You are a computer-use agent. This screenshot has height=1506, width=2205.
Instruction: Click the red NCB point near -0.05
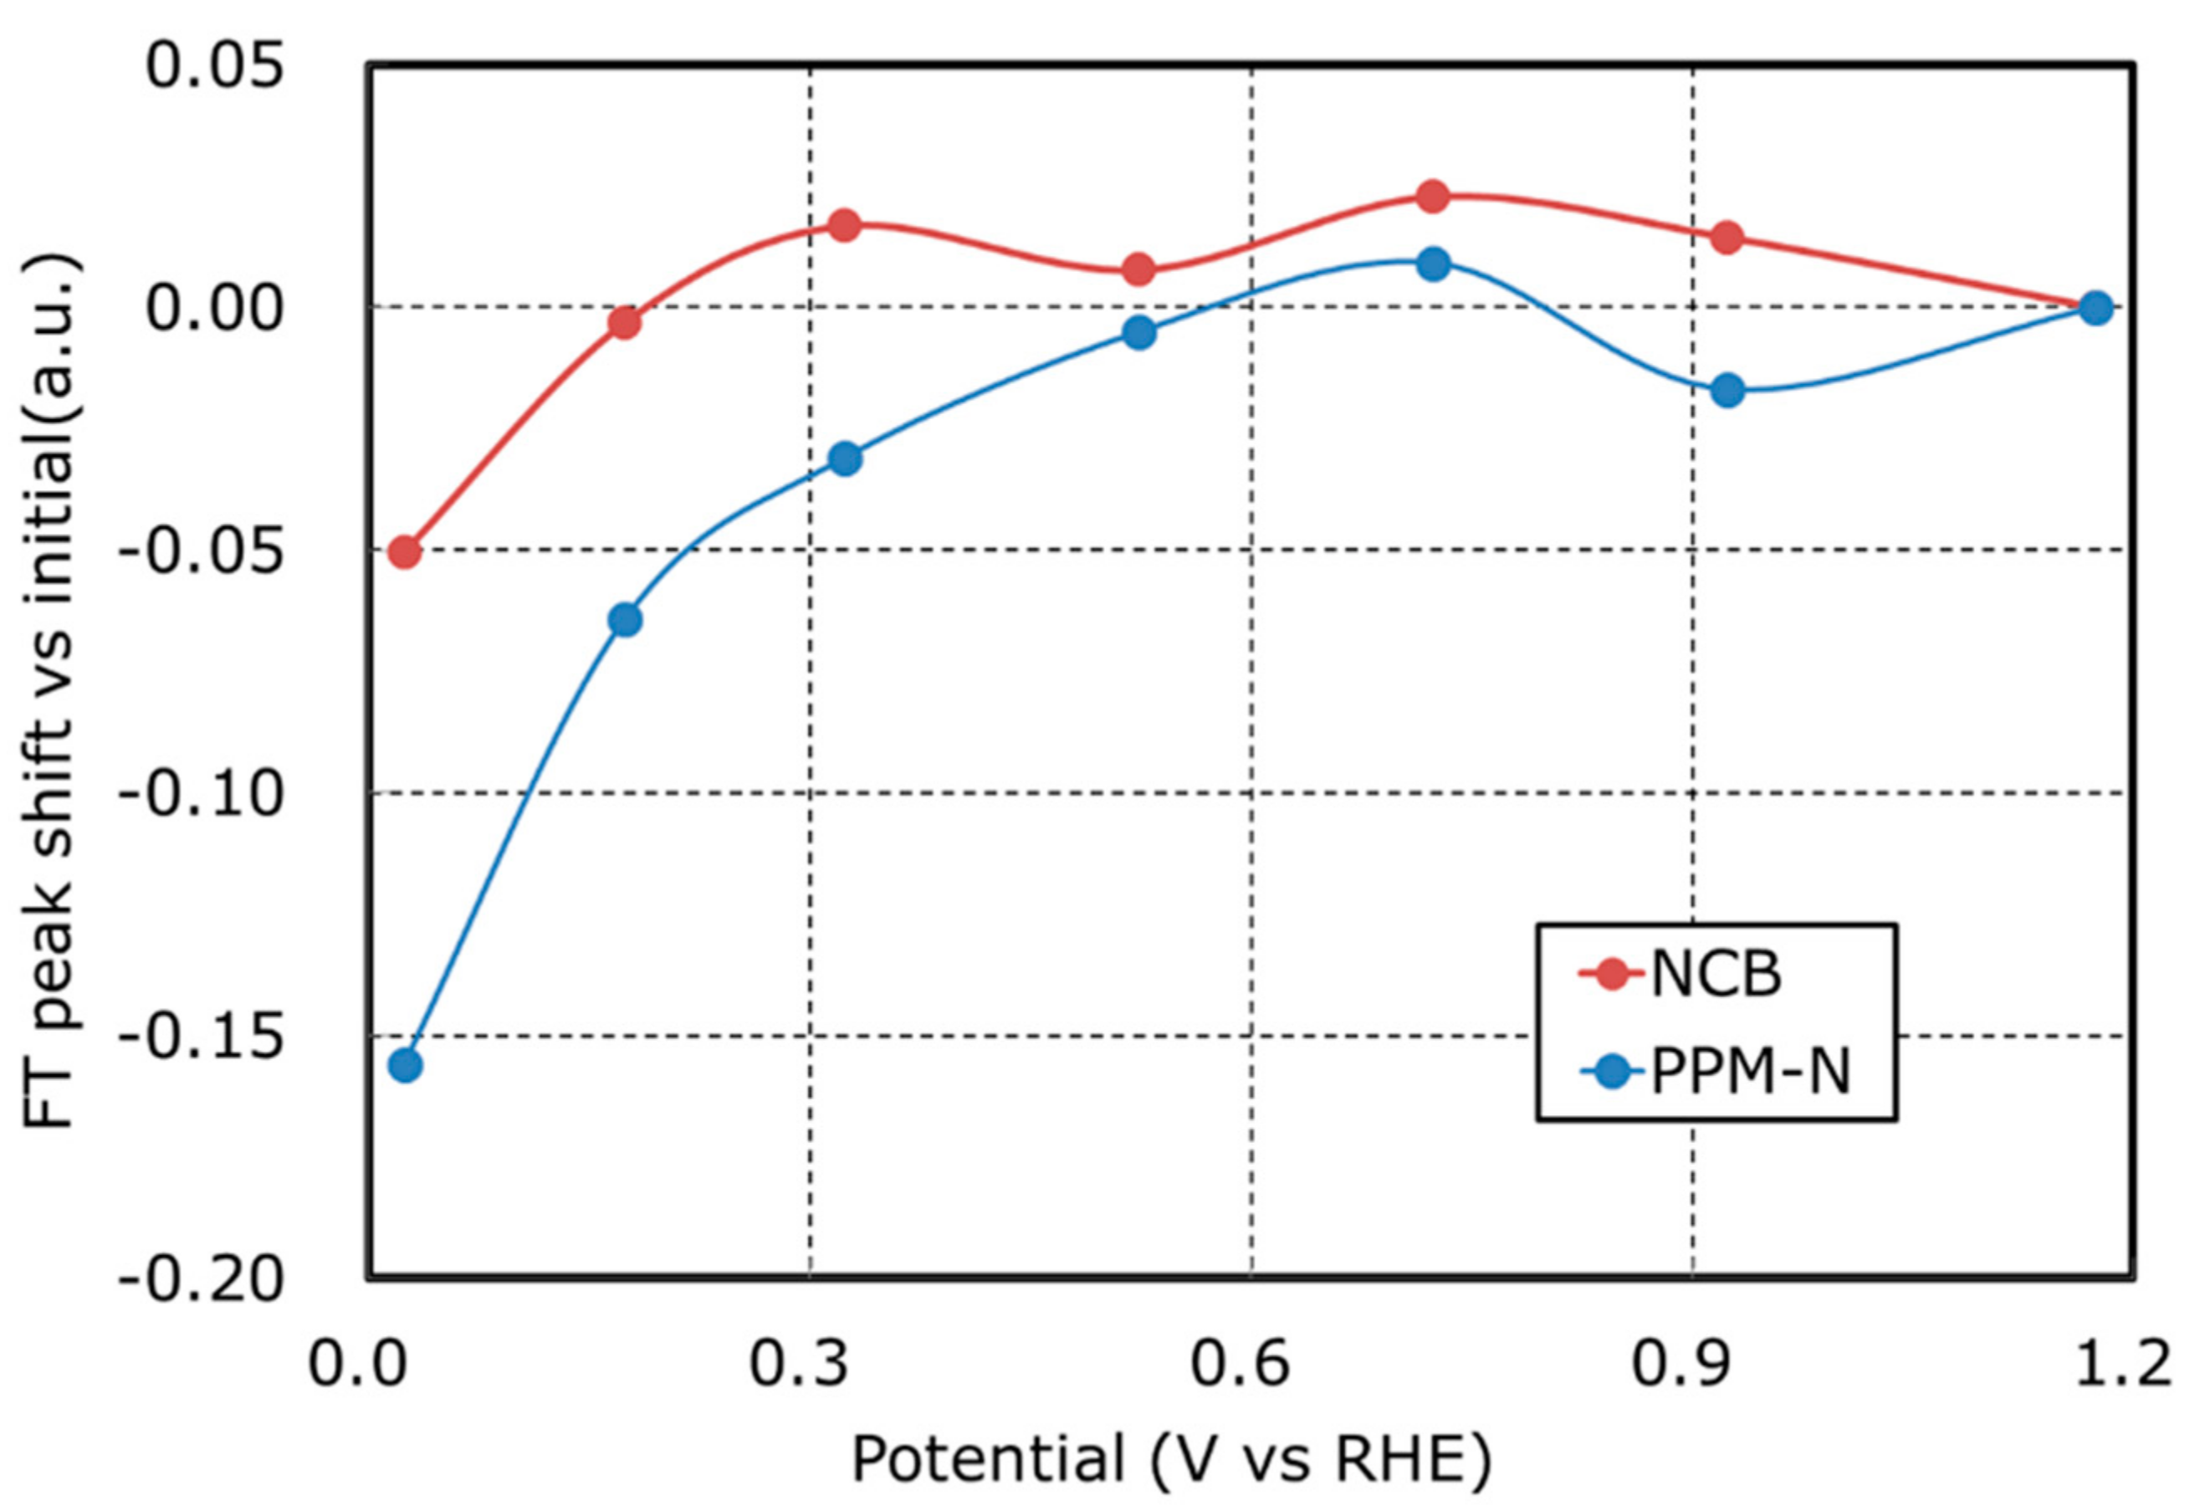(x=405, y=551)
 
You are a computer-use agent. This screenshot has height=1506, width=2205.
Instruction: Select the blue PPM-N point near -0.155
(x=405, y=1065)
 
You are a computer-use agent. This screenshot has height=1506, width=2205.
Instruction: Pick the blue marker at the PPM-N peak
(x=1434, y=264)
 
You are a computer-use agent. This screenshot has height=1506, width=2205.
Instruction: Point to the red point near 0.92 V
(x=1727, y=236)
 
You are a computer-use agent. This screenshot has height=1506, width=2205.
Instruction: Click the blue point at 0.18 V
(x=624, y=620)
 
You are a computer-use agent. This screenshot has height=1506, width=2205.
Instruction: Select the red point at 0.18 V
(x=624, y=324)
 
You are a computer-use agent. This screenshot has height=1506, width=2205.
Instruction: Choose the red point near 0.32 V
(x=844, y=225)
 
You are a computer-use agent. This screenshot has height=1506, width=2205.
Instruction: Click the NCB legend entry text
(x=1716, y=974)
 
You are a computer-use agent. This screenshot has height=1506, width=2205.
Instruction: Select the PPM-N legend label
(x=1751, y=1073)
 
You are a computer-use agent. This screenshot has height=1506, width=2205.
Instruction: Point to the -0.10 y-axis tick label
(x=201, y=793)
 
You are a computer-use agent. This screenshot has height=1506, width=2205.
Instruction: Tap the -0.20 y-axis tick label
(x=201, y=1280)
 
